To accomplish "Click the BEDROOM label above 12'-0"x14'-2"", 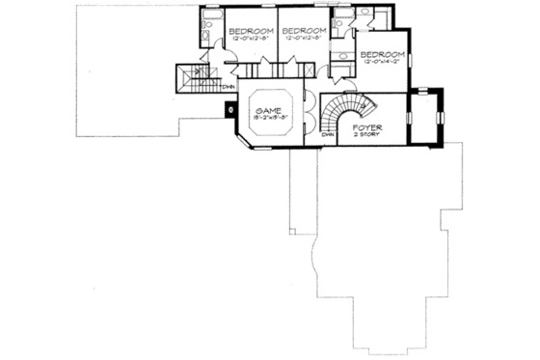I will pos(381,55).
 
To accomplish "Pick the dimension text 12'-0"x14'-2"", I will pos(381,63).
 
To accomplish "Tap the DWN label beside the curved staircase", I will pos(328,136).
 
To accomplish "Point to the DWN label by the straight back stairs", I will pos(229,89).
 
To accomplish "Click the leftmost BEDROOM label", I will pos(249,31).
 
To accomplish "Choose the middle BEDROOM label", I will pos(306,31).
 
